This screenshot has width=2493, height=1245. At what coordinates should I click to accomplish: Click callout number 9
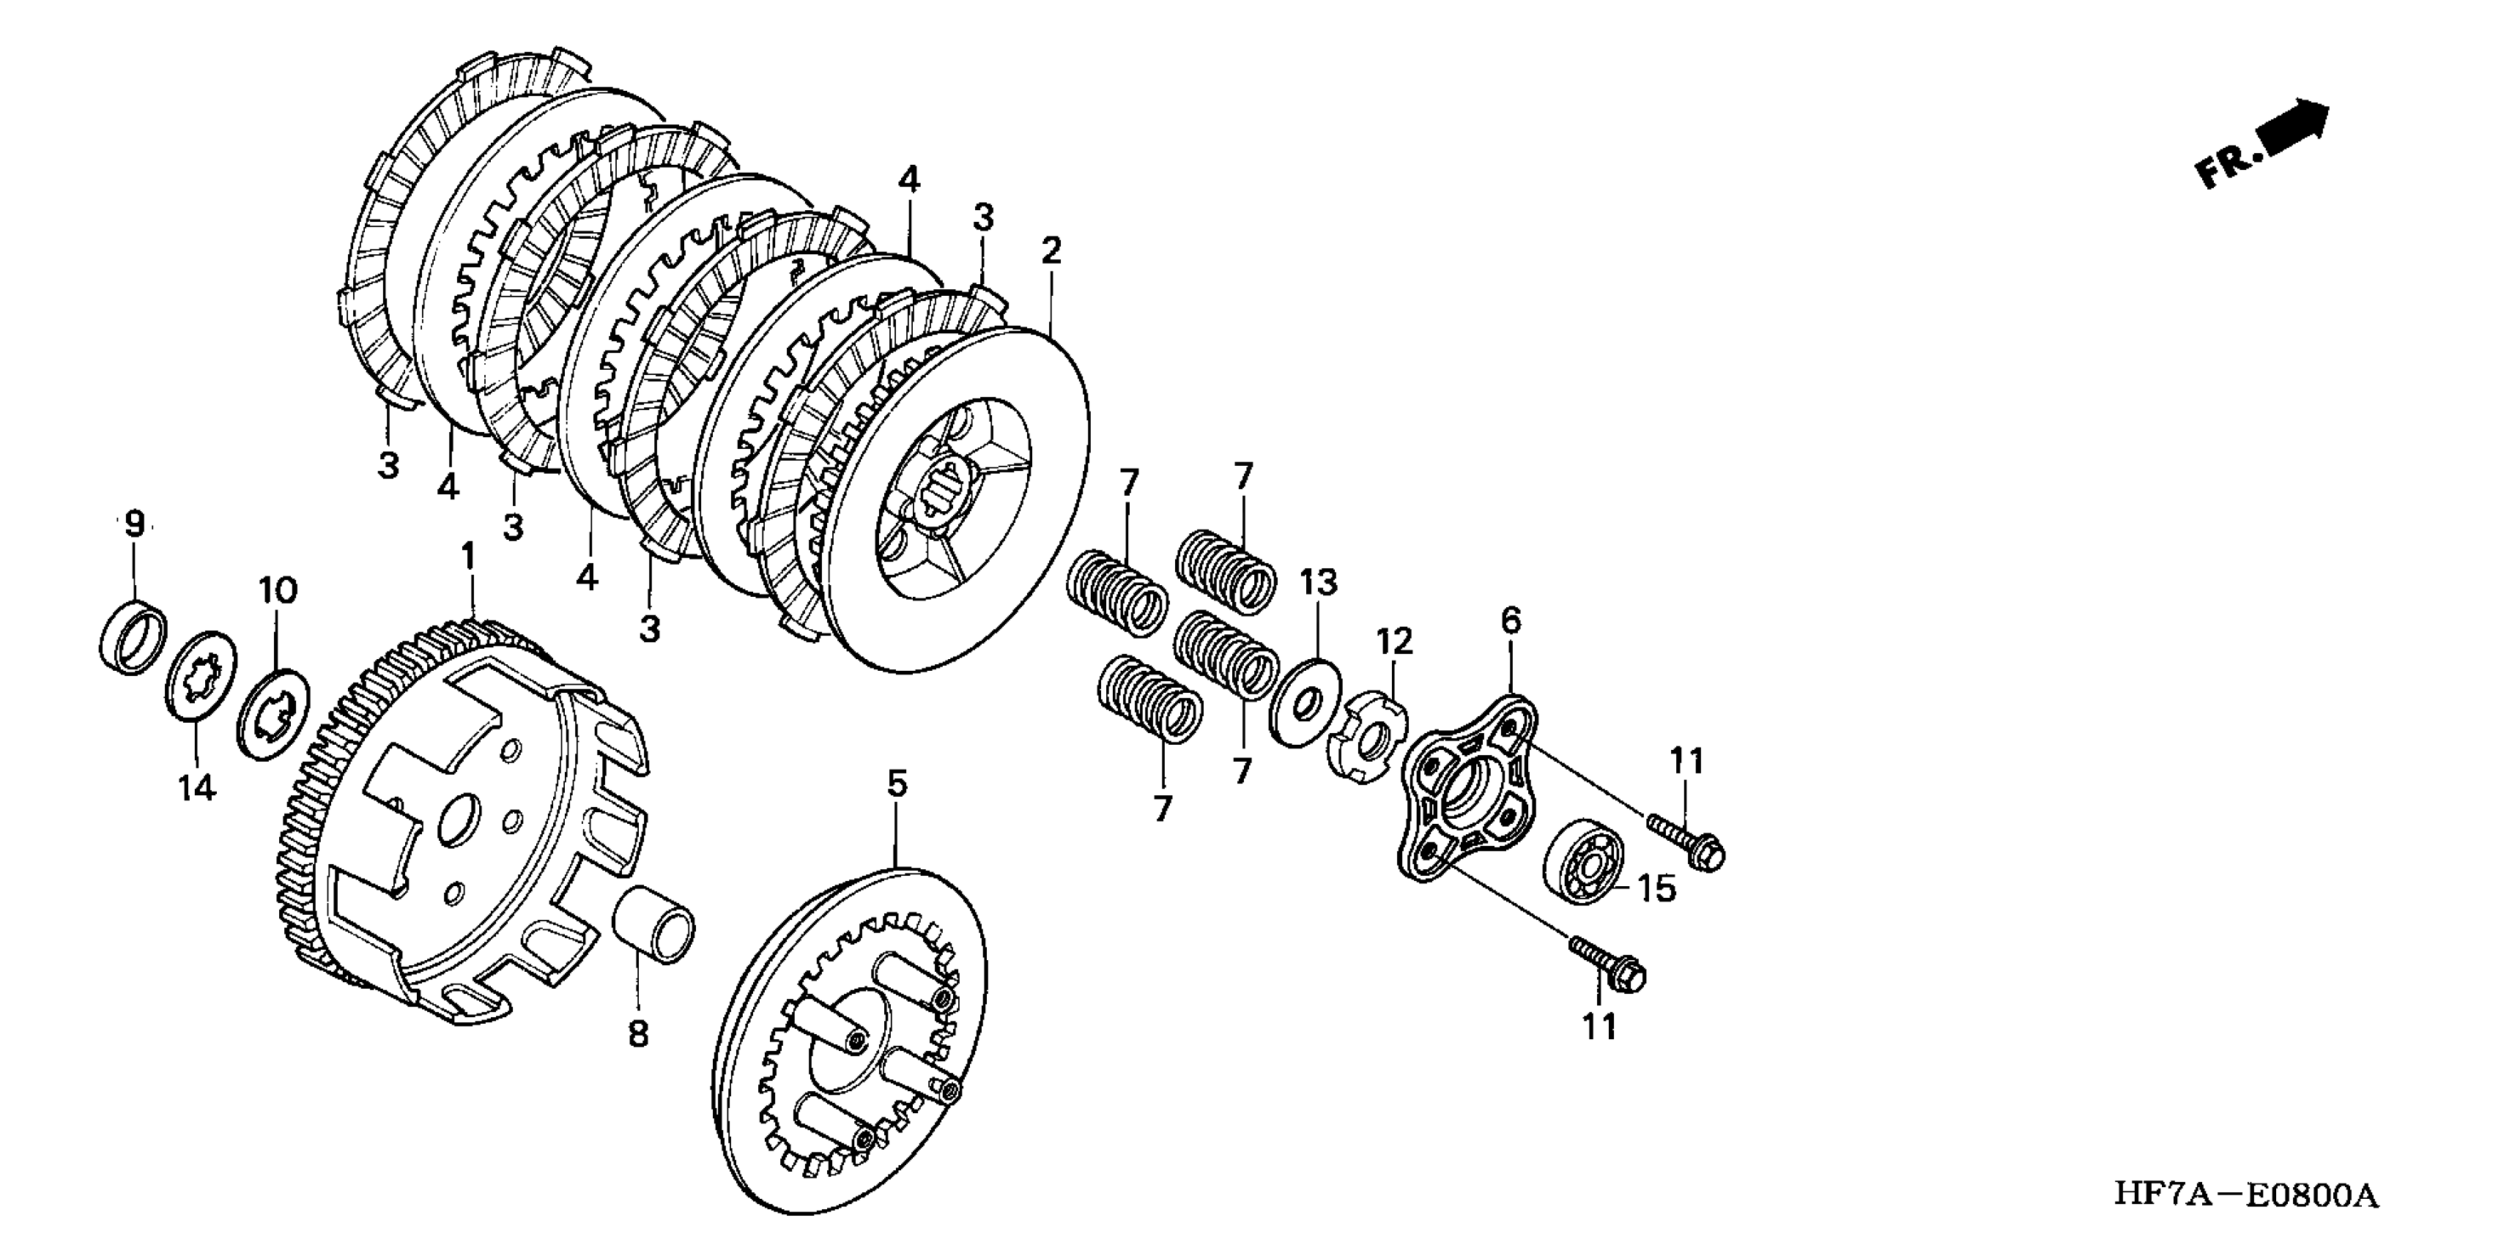click(135, 524)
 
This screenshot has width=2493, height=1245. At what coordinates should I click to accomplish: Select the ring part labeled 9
click(133, 637)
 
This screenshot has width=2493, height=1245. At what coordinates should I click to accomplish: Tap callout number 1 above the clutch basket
click(468, 558)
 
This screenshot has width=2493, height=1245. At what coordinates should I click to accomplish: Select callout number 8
click(638, 1034)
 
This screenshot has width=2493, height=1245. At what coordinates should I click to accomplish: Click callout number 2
click(1051, 251)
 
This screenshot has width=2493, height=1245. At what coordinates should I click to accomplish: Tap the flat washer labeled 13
click(1305, 702)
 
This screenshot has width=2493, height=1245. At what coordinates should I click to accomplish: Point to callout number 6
click(1511, 620)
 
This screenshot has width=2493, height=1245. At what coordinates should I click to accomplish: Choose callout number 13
click(1319, 584)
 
